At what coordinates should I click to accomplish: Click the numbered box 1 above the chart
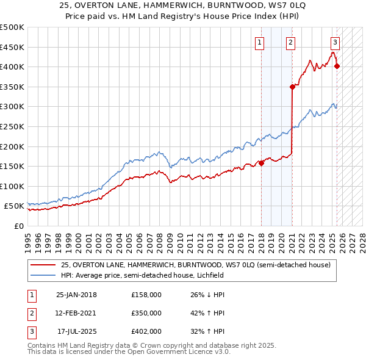point(260,42)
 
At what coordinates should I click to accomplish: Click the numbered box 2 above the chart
point(290,42)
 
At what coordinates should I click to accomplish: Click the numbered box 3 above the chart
point(335,42)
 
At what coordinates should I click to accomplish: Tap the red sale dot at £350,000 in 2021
point(292,87)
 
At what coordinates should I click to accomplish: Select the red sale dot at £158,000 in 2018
point(261,163)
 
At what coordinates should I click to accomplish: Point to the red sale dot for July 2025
point(337,67)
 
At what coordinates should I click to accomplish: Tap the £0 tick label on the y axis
point(19,226)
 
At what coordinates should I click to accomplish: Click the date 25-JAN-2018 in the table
point(77,295)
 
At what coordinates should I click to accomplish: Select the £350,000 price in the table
point(146,313)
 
